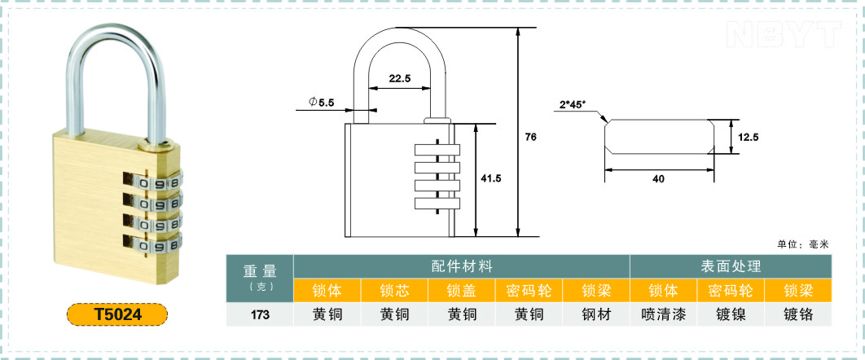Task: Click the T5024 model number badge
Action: tap(117, 314)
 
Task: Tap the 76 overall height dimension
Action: tap(531, 138)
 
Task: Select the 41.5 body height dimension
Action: tap(491, 178)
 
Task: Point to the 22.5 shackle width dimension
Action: tap(399, 78)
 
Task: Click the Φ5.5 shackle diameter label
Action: tap(322, 102)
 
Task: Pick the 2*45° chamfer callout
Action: tap(572, 105)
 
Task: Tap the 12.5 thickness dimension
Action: tap(749, 138)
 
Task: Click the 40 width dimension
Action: tap(659, 178)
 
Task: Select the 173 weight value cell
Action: tap(260, 314)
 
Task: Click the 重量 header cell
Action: tap(260, 279)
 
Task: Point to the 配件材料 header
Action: tap(462, 267)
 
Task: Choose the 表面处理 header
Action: tap(731, 267)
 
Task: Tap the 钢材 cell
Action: tap(597, 314)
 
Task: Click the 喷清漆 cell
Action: tap(664, 314)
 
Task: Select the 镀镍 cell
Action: tap(731, 314)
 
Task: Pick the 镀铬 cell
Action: tap(798, 314)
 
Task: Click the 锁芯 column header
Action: tap(394, 291)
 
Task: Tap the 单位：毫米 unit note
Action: tap(803, 245)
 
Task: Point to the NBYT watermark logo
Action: tap(784, 35)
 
